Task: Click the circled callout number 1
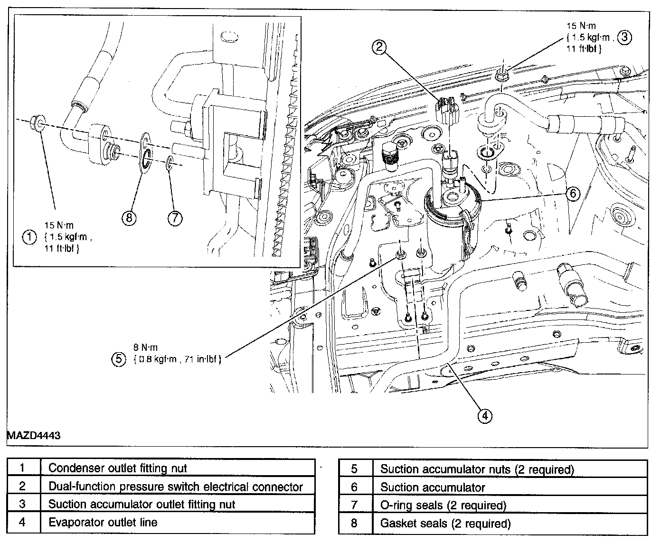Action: pos(30,236)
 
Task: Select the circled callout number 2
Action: pos(379,46)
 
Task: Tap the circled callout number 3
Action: pos(625,37)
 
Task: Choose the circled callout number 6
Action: pos(573,193)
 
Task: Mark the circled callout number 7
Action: pos(175,217)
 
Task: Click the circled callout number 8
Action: pos(129,217)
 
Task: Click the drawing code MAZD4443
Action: pos(34,435)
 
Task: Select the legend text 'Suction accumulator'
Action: pos(433,487)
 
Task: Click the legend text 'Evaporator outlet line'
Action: pos(103,523)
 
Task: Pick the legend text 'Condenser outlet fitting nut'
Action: pos(118,468)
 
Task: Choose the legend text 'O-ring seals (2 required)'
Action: pos(443,506)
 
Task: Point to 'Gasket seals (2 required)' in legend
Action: pos(445,524)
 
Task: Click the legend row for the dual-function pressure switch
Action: pos(176,487)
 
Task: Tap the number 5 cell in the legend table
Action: pos(354,469)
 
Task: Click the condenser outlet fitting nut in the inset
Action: pos(38,123)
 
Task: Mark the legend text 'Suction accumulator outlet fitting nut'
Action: pos(142,505)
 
